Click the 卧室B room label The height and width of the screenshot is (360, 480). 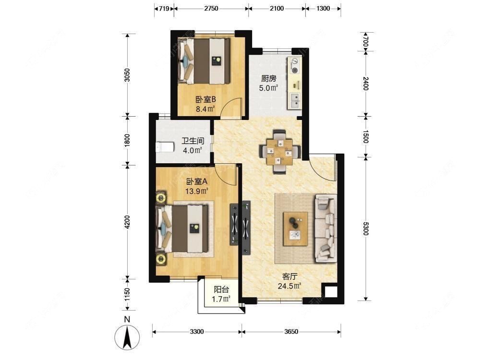coord(206,99)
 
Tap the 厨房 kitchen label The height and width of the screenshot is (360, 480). coord(268,79)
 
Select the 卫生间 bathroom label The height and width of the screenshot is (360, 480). coord(193,141)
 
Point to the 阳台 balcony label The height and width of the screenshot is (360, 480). coord(221,289)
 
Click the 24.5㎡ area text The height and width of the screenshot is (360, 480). coord(289,286)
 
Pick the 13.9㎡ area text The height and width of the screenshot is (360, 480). coord(196,192)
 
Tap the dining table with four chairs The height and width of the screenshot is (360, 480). coord(280,151)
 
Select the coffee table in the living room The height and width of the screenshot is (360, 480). coord(295,228)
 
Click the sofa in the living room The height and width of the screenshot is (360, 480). coord(326,228)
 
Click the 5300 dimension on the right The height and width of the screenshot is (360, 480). coord(365,228)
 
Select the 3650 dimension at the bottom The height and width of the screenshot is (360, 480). coord(291,332)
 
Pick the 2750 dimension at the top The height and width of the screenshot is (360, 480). coord(211,8)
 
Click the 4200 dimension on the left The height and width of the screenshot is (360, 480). coord(127,222)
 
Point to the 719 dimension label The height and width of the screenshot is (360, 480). coord(164,8)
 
